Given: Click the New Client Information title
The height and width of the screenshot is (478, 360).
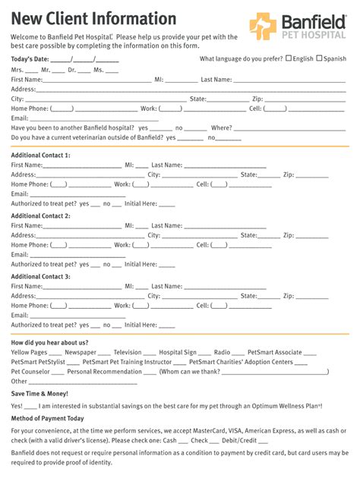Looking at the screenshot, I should point(93,18).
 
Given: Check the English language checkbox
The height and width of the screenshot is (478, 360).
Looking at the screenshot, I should point(289,58).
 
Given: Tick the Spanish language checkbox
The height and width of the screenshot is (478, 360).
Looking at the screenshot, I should point(319,58).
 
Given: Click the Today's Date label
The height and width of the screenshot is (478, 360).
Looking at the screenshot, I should point(30,59).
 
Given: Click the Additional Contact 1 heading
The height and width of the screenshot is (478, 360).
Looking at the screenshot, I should point(40,156).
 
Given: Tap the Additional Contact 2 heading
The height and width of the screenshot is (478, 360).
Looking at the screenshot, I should point(40,216).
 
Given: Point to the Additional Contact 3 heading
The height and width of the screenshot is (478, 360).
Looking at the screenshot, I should point(40,277).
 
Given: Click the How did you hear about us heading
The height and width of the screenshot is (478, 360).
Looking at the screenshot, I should point(49,343).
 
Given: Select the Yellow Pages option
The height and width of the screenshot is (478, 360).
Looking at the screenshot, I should point(29,353).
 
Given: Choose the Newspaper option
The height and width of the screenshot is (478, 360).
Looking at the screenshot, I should point(81,353).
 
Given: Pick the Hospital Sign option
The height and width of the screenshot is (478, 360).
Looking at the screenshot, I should point(178,353).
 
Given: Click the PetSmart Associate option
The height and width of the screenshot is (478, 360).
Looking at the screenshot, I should point(276,353).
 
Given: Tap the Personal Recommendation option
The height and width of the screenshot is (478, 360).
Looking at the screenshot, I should point(104,372).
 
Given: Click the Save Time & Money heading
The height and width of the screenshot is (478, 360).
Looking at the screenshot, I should point(39,394).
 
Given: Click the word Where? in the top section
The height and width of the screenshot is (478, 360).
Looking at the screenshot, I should point(221,128).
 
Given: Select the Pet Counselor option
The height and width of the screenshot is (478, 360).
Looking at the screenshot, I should point(30,372).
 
